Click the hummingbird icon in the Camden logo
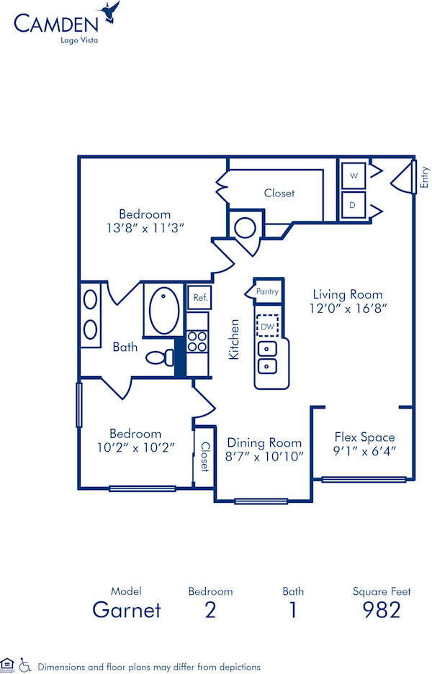[112, 12]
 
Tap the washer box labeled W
[353, 175]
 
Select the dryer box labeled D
[353, 204]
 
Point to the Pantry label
[268, 291]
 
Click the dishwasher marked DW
[268, 325]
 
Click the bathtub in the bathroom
[165, 310]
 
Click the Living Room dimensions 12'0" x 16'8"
[347, 309]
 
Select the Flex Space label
[364, 437]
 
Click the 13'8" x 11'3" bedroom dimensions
[145, 228]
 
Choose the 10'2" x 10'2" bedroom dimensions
[135, 447]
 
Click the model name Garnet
[127, 611]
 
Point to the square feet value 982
[381, 611]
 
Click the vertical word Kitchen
[234, 340]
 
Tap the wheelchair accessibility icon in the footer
[25, 665]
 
